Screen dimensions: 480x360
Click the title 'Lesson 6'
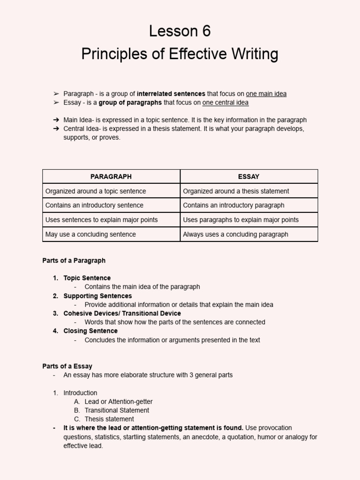[x=180, y=31]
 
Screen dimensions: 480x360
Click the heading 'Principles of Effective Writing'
[x=180, y=54]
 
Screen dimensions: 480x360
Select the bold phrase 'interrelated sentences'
[x=171, y=94]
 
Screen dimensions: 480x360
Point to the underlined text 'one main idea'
[x=266, y=94]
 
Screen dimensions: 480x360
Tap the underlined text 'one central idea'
[x=225, y=102]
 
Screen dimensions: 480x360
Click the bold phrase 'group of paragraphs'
[x=130, y=102]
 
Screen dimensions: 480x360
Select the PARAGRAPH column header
[x=111, y=177]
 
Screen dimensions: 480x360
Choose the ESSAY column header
[x=248, y=177]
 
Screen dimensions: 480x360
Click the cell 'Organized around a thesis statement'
[x=236, y=191]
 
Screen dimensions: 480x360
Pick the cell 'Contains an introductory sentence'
[x=94, y=205]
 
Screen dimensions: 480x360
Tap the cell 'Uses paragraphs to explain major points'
[x=240, y=220]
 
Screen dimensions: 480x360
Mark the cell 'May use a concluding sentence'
[x=90, y=234]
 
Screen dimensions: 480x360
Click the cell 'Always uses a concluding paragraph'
[x=235, y=234]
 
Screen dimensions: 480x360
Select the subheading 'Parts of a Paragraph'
[x=74, y=261]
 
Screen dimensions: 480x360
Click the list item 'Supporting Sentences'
[x=97, y=296]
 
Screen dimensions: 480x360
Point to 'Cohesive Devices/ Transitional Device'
[x=122, y=313]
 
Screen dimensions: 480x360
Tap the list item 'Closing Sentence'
[x=90, y=331]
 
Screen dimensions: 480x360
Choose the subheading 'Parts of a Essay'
[x=67, y=366]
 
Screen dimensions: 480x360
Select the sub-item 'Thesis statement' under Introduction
[x=109, y=419]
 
